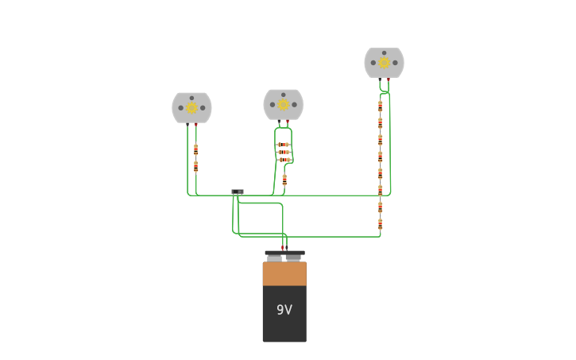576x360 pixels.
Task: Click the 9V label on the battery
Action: click(x=284, y=310)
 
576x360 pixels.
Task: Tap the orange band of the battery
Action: click(x=284, y=273)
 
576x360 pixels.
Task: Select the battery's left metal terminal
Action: click(x=274, y=257)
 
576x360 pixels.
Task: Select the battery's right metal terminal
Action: click(x=294, y=257)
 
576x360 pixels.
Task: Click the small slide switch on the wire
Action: click(x=238, y=192)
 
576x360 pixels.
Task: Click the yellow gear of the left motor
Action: click(x=191, y=108)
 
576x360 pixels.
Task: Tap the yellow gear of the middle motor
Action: click(x=283, y=104)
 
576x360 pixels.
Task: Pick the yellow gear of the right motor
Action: click(x=384, y=63)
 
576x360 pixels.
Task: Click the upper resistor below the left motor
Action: click(x=195, y=149)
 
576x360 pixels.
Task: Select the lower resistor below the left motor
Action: click(x=195, y=167)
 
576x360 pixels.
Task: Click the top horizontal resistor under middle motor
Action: click(x=284, y=145)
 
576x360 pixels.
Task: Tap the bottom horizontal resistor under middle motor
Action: click(x=284, y=160)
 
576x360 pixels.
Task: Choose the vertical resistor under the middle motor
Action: click(x=284, y=180)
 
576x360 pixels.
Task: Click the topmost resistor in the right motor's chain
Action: click(x=380, y=106)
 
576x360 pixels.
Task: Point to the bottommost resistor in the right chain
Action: click(x=380, y=224)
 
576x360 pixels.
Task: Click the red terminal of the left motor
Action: click(x=196, y=124)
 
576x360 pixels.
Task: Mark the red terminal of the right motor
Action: click(x=389, y=79)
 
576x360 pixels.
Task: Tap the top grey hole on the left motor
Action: click(x=191, y=98)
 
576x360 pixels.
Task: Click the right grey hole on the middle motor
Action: click(x=294, y=104)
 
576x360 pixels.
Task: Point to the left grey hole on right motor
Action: click(x=373, y=63)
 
